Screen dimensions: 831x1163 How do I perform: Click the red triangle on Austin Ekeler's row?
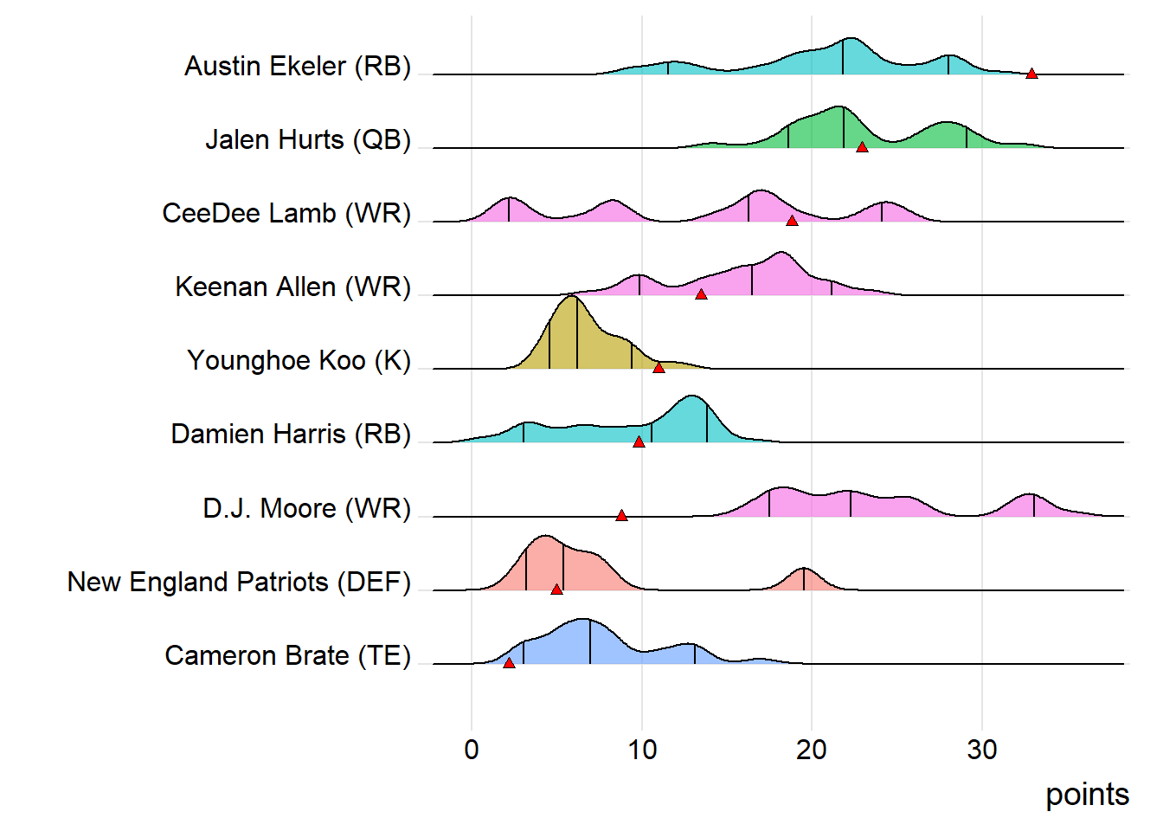click(1031, 74)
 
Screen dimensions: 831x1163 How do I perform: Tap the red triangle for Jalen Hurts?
click(862, 147)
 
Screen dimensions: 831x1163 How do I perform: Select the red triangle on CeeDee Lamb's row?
click(792, 221)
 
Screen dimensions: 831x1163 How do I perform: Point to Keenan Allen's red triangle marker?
click(701, 294)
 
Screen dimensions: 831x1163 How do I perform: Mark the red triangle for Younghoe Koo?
click(659, 368)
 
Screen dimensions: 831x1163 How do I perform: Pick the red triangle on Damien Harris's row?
click(639, 441)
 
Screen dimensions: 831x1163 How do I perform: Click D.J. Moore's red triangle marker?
click(621, 515)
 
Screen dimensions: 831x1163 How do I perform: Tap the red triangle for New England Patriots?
click(556, 589)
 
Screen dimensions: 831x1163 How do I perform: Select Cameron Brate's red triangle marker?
click(509, 662)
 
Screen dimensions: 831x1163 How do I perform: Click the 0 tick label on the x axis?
click(472, 750)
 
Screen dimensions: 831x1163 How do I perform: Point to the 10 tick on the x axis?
click(642, 750)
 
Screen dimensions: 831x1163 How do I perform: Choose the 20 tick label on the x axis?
click(812, 750)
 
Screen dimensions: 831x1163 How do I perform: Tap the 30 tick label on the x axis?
click(982, 750)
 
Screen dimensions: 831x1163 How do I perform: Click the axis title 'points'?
click(1087, 795)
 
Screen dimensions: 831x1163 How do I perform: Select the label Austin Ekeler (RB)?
click(297, 67)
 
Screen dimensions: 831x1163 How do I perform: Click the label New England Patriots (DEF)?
click(239, 582)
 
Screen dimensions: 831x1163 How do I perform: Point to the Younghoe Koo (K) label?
click(299, 360)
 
